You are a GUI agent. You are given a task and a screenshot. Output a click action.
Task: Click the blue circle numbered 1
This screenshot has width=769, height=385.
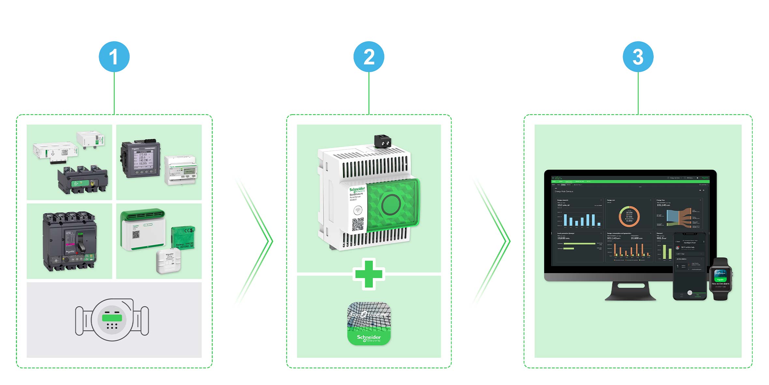(x=114, y=56)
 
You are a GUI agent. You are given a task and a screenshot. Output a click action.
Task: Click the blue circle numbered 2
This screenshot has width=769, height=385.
(x=369, y=56)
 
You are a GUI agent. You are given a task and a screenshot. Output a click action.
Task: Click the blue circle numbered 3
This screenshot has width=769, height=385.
(x=638, y=56)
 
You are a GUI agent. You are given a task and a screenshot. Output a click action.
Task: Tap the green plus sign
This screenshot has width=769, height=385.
(x=369, y=274)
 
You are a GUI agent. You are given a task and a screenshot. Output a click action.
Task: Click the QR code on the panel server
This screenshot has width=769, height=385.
(x=358, y=224)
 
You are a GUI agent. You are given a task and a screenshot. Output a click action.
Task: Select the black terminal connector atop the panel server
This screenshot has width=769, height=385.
(x=383, y=141)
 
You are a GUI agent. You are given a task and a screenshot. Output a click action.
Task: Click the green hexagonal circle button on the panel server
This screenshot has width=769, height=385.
(x=391, y=204)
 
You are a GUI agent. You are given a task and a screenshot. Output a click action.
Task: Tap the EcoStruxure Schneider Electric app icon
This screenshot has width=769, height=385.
(x=369, y=323)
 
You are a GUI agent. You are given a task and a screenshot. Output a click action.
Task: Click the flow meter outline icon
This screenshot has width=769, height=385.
(x=112, y=320)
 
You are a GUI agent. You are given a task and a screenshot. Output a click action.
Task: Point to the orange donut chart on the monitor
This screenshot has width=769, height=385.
(x=629, y=216)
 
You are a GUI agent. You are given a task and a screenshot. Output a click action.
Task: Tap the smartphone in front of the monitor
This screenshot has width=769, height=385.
(x=689, y=266)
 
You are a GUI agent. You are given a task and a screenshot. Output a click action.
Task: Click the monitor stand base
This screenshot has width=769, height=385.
(x=630, y=292)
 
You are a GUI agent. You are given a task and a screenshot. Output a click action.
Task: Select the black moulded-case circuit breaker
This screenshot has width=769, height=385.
(x=69, y=241)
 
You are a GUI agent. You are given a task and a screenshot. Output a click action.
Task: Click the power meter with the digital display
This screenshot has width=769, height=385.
(x=141, y=159)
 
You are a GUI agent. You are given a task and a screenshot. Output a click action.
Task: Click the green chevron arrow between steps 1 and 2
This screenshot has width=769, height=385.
(x=257, y=241)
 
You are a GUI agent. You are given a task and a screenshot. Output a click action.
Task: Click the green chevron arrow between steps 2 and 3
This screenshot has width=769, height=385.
(x=495, y=241)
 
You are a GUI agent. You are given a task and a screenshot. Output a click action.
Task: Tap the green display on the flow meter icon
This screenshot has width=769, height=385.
(x=112, y=318)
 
